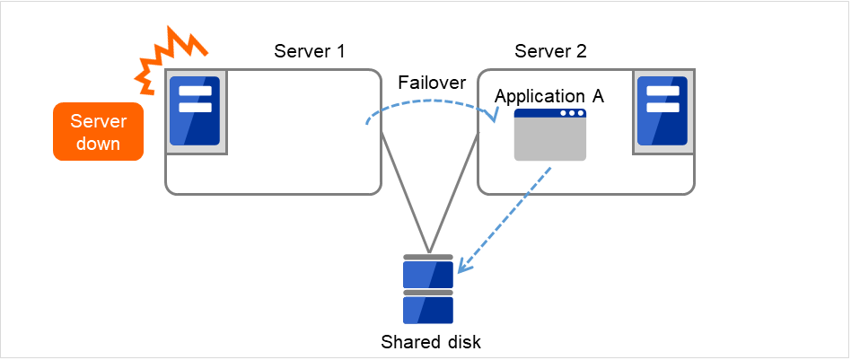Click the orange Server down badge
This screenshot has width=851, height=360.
tap(98, 132)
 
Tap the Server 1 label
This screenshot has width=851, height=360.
tap(310, 50)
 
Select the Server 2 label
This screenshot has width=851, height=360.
tap(550, 50)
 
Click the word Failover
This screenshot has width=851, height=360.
tap(432, 83)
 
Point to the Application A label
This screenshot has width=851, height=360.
tap(549, 96)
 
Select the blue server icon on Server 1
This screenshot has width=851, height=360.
tap(194, 111)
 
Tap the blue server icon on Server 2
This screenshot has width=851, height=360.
tap(662, 111)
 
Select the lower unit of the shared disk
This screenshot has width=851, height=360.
tap(428, 309)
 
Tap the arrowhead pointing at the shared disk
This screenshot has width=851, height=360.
tap(462, 268)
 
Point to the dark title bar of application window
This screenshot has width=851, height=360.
tap(549, 114)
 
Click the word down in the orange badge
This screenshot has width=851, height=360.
tap(98, 144)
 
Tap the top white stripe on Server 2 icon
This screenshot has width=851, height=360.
tap(662, 92)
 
